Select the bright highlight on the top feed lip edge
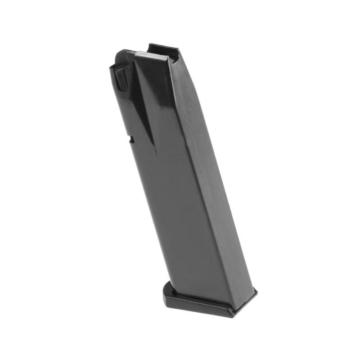tap(148, 56)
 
